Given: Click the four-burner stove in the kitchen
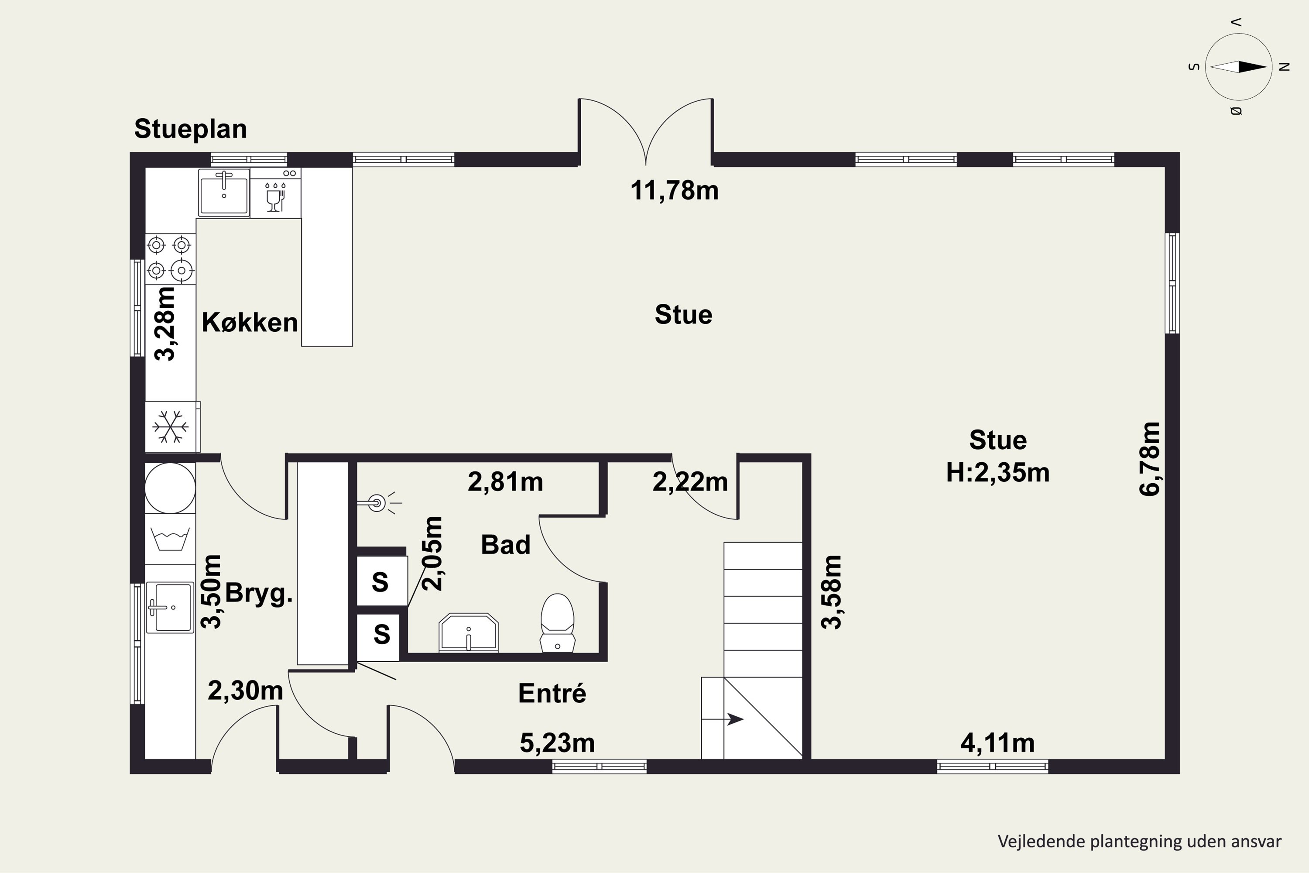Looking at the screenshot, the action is (x=170, y=258).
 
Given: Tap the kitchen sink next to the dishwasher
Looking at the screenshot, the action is (x=224, y=192).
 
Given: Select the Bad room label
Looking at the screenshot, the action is (x=505, y=544).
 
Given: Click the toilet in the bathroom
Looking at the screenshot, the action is (x=557, y=622).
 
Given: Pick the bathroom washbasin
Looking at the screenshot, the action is (x=468, y=633).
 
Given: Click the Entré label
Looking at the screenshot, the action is (x=552, y=693).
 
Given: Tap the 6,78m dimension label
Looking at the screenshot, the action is (x=1150, y=459).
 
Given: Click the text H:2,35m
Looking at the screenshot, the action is (x=998, y=473).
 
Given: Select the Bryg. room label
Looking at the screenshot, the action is (x=259, y=594).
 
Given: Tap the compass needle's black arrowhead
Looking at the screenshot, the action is (x=1253, y=67).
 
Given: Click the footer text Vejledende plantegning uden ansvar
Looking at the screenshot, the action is (x=1139, y=841).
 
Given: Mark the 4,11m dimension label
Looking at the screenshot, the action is (x=997, y=743).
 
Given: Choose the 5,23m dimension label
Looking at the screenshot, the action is (x=557, y=743).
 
